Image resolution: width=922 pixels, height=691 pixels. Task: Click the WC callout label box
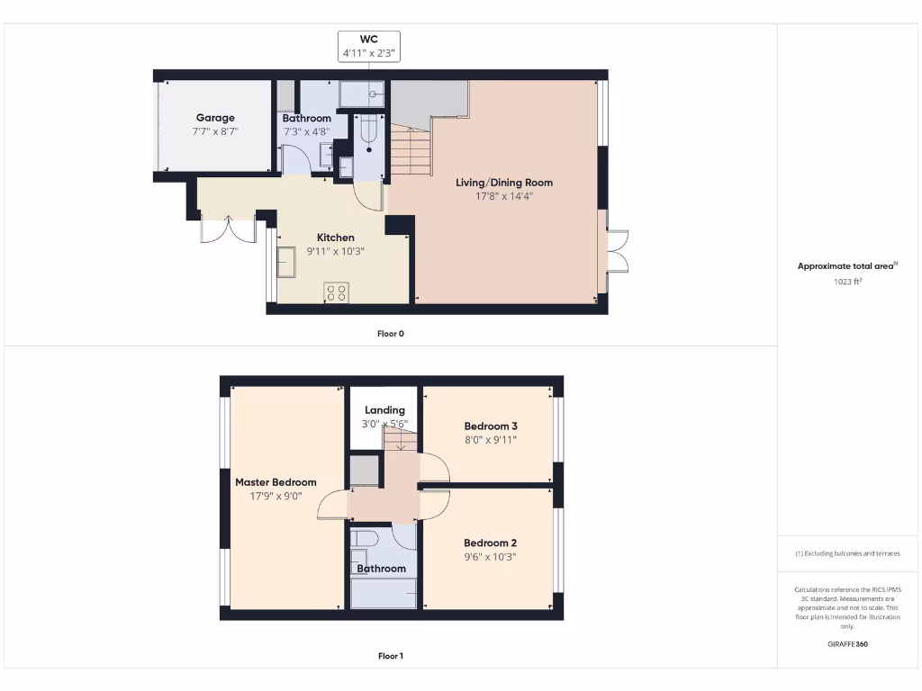click(x=368, y=46)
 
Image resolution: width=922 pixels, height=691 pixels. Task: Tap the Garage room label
click(x=215, y=118)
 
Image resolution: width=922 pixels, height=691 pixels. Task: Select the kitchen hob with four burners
click(x=337, y=292)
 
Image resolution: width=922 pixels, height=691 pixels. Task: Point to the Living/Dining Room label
click(x=503, y=183)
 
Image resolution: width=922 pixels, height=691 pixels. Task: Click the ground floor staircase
click(x=410, y=151)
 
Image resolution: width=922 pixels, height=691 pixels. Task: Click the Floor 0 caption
click(x=390, y=334)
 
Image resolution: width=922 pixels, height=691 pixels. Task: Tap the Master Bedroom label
click(x=276, y=482)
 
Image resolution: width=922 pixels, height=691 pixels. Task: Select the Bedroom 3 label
click(x=491, y=426)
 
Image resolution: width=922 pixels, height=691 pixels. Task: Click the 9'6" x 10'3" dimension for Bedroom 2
click(x=491, y=556)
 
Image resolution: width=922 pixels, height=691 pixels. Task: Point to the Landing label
click(x=384, y=410)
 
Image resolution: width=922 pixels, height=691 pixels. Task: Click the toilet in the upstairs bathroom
click(x=365, y=538)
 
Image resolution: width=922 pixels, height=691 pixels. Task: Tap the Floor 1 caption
click(x=390, y=656)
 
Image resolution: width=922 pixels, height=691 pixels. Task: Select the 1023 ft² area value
click(x=847, y=282)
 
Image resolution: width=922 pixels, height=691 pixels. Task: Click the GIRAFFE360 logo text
click(x=847, y=644)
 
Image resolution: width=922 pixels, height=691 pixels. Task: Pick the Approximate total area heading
click(x=846, y=265)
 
